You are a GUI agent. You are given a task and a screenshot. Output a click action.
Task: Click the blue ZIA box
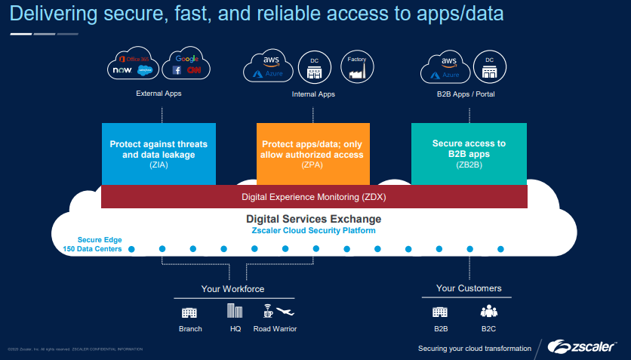(x=159, y=153)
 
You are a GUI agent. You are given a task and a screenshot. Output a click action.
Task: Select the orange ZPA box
(x=312, y=153)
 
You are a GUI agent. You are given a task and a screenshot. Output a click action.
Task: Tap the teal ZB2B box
(x=469, y=152)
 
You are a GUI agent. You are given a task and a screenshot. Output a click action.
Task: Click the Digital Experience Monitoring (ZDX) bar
(x=314, y=197)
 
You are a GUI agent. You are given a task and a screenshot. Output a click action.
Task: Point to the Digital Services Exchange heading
(x=313, y=219)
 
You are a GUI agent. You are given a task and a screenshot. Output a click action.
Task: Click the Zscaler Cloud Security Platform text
(x=313, y=231)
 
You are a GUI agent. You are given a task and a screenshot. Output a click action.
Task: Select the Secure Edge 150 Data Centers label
(x=93, y=245)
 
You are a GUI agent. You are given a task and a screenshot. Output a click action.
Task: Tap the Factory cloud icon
(x=356, y=68)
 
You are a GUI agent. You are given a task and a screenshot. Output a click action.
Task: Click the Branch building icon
(x=189, y=312)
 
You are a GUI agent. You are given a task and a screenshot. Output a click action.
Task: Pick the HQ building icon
(x=235, y=311)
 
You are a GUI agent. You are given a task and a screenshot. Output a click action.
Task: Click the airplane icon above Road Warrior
(x=286, y=311)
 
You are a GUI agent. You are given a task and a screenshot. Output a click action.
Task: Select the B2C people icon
(x=488, y=311)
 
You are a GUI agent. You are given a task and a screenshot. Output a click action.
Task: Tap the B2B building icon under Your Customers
(x=440, y=312)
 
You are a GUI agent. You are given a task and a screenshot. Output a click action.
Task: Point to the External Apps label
(x=159, y=94)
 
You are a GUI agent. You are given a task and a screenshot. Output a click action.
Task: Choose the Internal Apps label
(x=313, y=94)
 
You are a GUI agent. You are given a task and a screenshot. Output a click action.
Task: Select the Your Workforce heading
(x=233, y=289)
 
